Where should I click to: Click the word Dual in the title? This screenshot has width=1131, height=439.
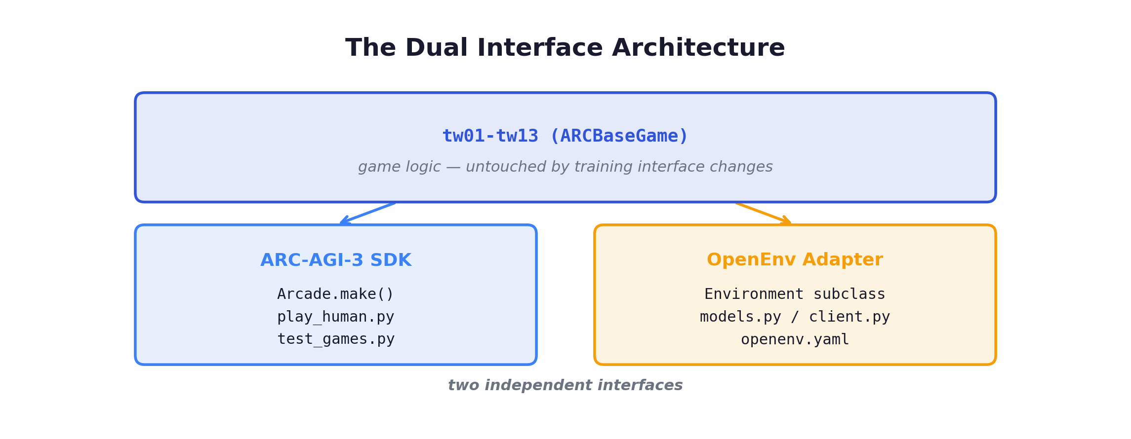436,48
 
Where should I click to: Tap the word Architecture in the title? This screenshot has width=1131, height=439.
698,48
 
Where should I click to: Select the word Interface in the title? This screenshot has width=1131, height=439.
540,48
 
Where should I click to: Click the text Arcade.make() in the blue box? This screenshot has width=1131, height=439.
335,294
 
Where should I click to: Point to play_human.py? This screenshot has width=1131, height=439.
335,317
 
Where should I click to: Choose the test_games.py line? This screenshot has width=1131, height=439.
335,339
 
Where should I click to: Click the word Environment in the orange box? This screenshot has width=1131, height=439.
754,294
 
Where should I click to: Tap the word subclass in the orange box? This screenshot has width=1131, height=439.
849,294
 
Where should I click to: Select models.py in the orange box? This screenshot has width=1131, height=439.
740,317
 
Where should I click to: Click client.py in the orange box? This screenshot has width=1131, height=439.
849,317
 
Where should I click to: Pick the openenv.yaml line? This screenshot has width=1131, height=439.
795,339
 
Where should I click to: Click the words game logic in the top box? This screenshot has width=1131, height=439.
399,167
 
